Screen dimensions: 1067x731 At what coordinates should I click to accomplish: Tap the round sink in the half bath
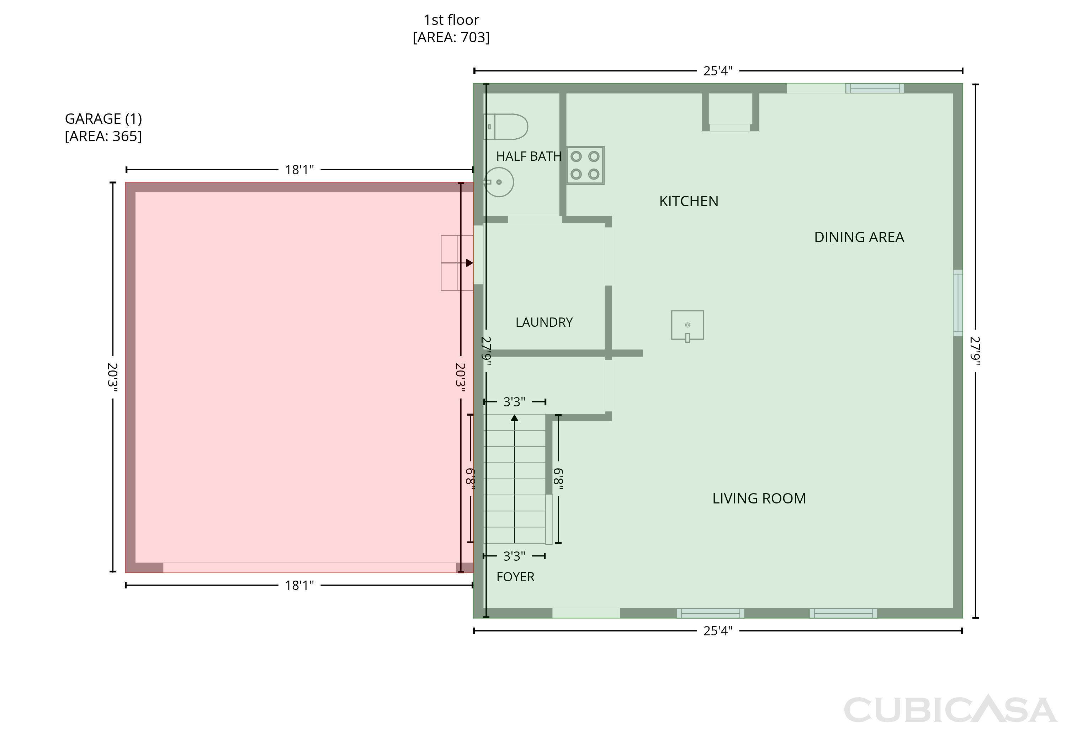click(499, 182)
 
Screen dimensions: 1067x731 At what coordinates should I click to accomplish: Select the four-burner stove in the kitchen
click(585, 165)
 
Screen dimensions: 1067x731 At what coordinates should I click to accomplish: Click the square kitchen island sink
click(687, 325)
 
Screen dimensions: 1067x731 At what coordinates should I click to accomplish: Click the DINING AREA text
click(859, 237)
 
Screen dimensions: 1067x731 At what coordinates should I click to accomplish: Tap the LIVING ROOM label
click(759, 498)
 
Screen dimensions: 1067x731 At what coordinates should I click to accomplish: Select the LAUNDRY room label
click(544, 322)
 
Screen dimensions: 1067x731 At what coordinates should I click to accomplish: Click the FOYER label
click(515, 577)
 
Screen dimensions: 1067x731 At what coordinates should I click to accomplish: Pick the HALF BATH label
click(529, 156)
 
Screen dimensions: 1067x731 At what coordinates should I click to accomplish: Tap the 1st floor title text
click(451, 20)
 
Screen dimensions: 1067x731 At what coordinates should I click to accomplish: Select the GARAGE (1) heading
click(103, 119)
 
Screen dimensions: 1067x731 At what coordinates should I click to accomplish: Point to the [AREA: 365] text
click(103, 136)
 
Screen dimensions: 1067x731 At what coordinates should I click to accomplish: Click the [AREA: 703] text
click(451, 37)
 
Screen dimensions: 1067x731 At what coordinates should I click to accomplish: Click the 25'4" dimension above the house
click(718, 71)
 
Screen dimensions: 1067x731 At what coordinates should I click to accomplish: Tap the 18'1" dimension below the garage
click(299, 586)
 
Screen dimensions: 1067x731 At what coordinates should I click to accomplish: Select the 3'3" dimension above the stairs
click(514, 402)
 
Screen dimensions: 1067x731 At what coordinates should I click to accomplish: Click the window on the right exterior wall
click(958, 303)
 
